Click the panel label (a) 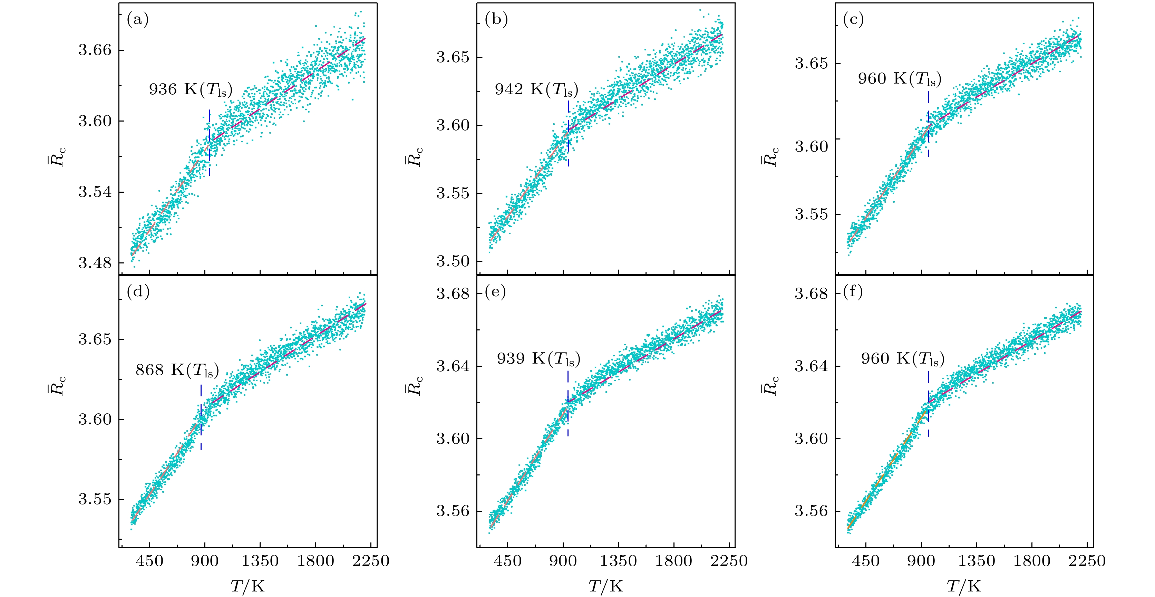coord(138,20)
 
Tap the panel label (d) coord(138,292)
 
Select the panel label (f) coord(853,292)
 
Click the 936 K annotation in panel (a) coord(191,90)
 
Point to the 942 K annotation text coord(536,90)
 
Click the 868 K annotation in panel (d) coord(177,370)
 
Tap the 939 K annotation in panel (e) coord(538,359)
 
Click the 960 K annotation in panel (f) coord(902,359)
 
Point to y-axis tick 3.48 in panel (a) coord(95,263)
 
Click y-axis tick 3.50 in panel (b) coord(453,261)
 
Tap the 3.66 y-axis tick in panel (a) coord(95,50)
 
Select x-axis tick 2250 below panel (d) coord(370,561)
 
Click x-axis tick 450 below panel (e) coord(507,561)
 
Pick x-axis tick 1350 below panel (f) coord(977,561)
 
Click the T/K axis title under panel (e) coord(606,586)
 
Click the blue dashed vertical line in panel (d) coord(201,417)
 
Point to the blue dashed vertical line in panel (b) coord(568,134)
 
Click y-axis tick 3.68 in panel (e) coord(453,294)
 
